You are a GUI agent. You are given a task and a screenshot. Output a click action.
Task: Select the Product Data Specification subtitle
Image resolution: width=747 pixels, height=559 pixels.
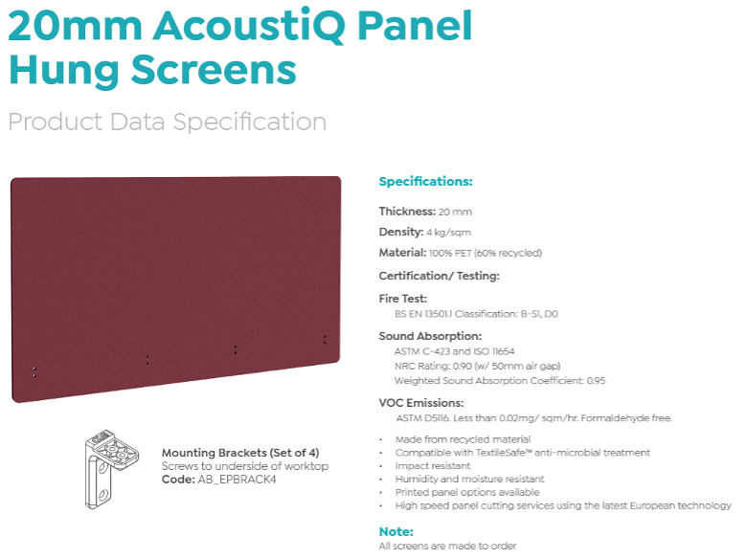point(168,122)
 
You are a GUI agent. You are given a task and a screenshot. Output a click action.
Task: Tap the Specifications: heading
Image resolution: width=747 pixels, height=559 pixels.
point(425,182)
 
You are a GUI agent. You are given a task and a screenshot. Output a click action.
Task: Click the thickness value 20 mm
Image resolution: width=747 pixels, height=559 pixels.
point(455,212)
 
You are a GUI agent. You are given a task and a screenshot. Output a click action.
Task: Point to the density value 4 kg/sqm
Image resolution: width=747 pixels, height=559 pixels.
point(448,233)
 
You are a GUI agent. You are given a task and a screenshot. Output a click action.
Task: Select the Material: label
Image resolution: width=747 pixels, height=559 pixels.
point(402,253)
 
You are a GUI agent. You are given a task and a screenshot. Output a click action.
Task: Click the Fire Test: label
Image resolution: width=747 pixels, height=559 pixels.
point(402,299)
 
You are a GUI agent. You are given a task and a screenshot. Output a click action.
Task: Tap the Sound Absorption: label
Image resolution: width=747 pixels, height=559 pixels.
point(430,336)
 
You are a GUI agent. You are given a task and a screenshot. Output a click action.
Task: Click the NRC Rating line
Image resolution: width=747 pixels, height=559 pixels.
point(477,367)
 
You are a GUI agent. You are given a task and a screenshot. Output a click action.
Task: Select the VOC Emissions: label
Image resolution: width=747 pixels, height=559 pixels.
point(421,403)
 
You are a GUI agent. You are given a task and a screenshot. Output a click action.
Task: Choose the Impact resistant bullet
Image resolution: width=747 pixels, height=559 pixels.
point(433,466)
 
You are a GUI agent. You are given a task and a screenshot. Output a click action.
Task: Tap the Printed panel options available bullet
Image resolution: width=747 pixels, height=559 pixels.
point(467,492)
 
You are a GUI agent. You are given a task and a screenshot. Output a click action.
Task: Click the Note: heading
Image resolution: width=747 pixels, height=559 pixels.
point(396,532)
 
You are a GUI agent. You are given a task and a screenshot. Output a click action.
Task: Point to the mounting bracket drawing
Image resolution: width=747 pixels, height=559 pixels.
point(111,468)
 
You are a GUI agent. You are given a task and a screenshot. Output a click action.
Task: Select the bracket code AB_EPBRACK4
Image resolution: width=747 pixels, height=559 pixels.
point(237,480)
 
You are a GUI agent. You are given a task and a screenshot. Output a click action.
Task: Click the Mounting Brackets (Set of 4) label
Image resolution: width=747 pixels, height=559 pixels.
point(240,453)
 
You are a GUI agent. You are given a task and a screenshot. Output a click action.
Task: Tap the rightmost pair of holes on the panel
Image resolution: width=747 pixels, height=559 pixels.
point(325,340)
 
